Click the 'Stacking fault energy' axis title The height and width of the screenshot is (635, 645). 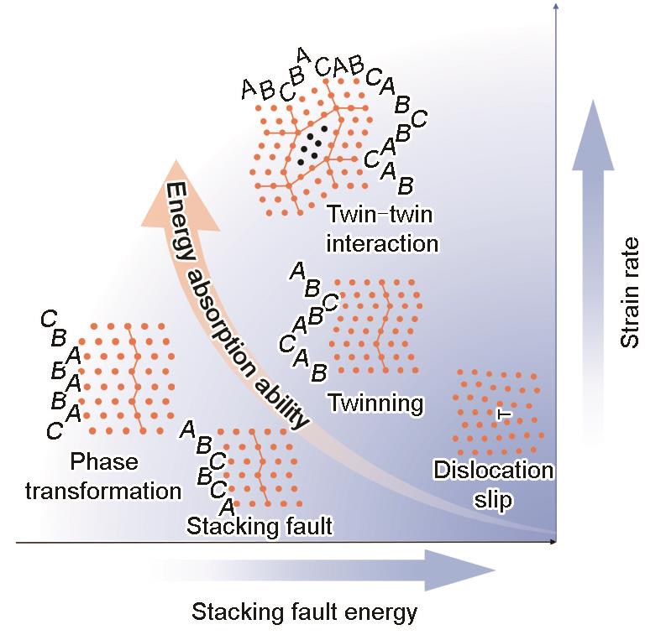304,612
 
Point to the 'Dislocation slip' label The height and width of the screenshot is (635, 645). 493,485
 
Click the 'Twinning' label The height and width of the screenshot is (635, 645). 375,403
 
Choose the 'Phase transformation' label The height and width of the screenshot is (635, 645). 103,476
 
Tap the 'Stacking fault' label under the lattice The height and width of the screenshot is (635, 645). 260,526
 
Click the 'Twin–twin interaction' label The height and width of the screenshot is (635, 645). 381,229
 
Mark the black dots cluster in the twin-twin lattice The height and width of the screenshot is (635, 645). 312,145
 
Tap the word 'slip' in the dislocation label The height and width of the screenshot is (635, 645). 493,501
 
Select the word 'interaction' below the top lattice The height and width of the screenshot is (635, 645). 381,243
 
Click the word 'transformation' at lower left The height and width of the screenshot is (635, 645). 103,490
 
